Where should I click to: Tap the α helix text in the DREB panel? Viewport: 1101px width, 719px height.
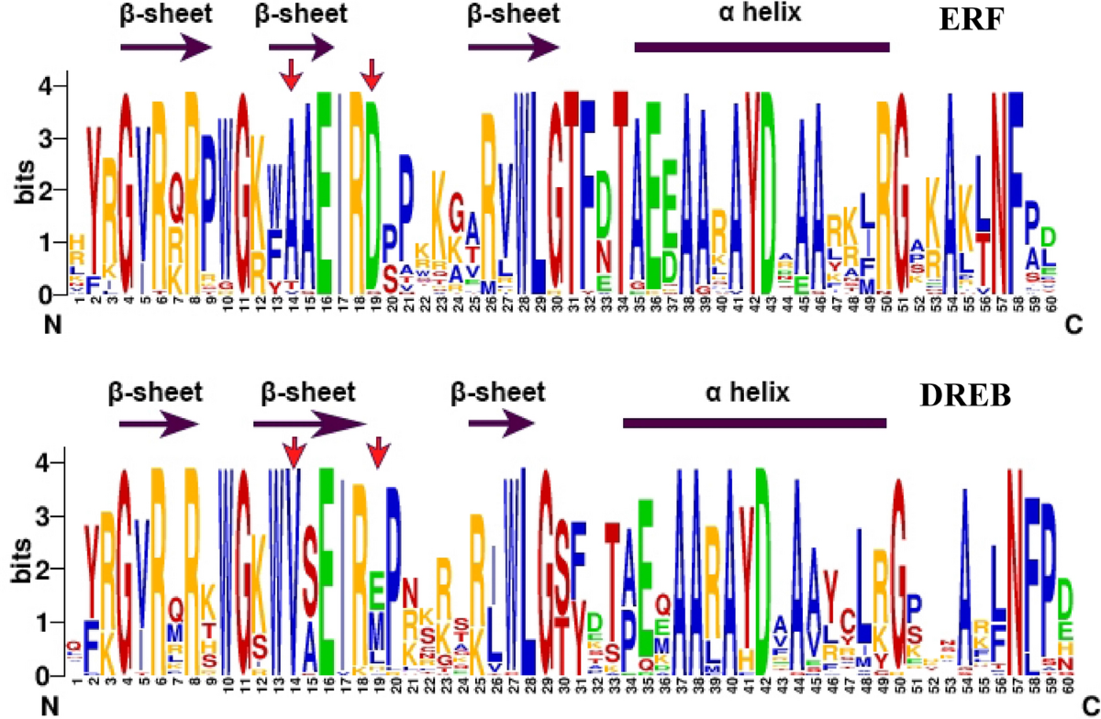pos(748,393)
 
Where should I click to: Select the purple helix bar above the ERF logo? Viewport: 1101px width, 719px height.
pos(762,47)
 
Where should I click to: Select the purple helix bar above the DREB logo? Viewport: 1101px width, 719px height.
pos(754,423)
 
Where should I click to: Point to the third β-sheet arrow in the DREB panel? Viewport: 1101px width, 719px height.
pos(501,423)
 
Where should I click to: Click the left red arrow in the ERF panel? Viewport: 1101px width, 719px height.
pos(291,74)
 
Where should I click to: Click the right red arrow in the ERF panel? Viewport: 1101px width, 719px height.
pos(371,74)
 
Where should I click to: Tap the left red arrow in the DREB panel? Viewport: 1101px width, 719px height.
pos(293,450)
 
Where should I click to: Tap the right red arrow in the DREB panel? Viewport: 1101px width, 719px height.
pos(377,450)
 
